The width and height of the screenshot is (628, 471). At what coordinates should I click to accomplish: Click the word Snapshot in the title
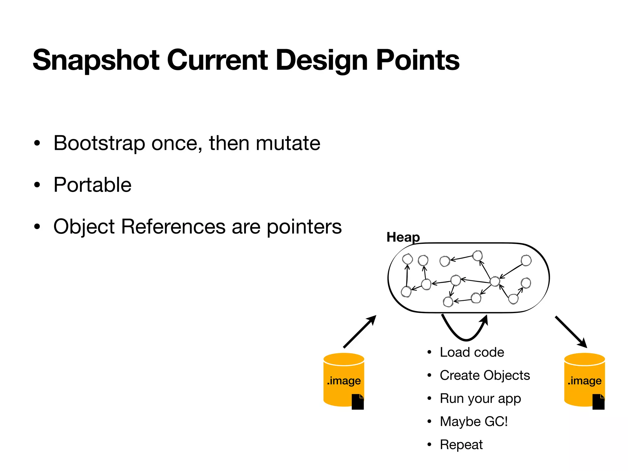click(x=96, y=60)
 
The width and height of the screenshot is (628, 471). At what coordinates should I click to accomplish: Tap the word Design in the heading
click(x=321, y=60)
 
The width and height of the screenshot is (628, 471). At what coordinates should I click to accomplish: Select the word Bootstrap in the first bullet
click(x=99, y=143)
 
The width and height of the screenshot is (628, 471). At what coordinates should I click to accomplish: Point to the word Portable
click(x=92, y=185)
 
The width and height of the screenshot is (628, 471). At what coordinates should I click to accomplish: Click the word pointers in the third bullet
click(x=304, y=227)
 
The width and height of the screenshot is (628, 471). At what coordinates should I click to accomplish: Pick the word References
click(x=173, y=227)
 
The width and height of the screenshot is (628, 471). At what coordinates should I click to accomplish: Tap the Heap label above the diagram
click(x=403, y=237)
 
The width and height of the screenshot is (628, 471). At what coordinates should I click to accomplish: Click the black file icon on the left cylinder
click(x=358, y=402)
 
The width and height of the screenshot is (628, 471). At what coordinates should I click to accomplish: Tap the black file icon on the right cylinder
click(x=598, y=402)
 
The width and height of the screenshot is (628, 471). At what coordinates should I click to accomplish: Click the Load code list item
click(x=472, y=352)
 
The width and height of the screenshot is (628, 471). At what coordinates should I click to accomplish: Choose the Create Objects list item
click(x=484, y=375)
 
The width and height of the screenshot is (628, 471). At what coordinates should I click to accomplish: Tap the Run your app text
click(x=480, y=399)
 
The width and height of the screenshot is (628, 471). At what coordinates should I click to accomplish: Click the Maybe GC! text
click(x=473, y=422)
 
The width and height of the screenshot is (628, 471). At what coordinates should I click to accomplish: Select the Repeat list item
click(x=461, y=445)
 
